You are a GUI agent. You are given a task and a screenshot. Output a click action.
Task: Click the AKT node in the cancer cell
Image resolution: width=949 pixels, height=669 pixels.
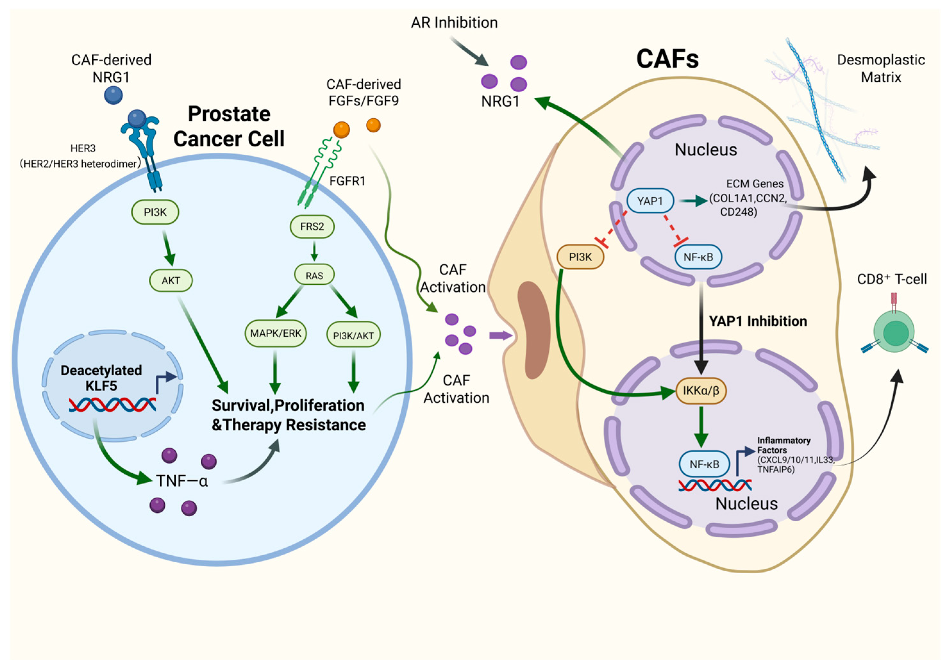171,281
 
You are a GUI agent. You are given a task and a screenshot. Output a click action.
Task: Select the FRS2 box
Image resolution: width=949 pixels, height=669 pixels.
312,226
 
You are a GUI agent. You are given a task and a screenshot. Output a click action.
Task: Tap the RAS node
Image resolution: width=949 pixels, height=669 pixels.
314,275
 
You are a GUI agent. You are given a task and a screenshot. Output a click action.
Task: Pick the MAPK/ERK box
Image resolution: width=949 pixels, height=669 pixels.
276,333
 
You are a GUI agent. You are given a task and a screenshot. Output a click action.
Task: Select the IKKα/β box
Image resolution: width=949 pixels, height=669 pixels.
701,390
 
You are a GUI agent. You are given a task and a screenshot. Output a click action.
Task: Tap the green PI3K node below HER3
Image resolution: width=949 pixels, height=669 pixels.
155,212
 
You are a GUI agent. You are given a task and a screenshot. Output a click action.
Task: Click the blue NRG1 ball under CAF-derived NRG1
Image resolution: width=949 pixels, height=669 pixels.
113,95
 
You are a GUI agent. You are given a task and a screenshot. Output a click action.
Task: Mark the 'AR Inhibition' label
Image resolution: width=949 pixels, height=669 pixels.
454,23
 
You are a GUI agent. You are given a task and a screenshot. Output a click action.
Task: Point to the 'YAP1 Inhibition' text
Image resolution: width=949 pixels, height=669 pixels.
758,321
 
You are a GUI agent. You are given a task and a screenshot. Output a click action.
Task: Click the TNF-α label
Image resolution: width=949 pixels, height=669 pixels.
182,481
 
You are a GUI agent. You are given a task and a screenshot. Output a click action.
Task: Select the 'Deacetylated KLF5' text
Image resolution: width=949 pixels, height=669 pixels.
101,378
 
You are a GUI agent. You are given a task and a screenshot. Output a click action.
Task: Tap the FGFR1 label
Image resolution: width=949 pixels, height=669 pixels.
347,181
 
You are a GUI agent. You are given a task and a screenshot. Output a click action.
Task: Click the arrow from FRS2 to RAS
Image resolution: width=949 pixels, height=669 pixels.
314,251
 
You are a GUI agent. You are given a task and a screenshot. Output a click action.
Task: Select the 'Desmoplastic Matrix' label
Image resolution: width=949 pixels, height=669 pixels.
881,69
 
